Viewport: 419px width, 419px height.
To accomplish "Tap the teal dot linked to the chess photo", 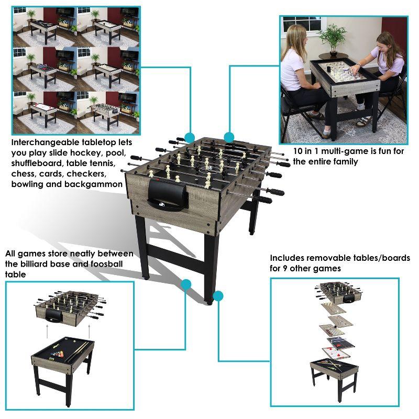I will coord(229,137).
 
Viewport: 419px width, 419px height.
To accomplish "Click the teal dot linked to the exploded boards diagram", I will coord(218,295).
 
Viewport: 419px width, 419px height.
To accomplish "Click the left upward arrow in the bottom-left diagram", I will coord(47,331).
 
